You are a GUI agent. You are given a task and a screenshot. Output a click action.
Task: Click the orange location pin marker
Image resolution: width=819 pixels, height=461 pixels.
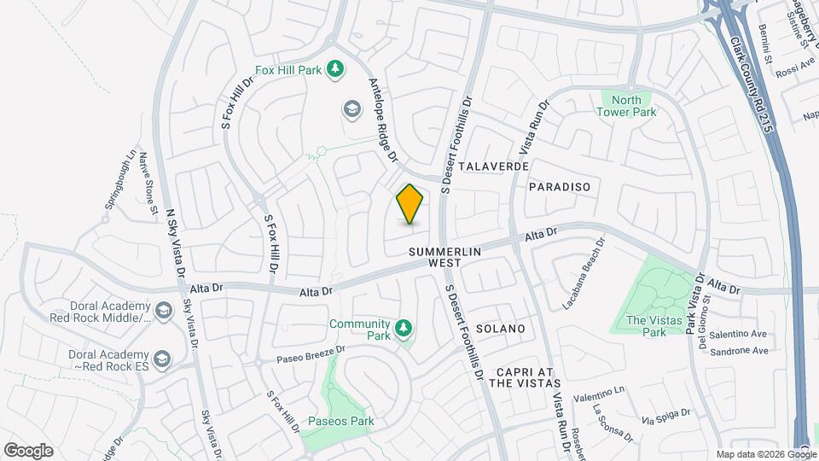(x=410, y=204)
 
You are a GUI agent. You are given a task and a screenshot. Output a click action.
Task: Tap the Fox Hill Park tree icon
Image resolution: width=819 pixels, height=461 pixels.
(x=335, y=69)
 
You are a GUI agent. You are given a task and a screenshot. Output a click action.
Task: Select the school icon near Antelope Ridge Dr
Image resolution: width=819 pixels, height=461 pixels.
(x=351, y=109)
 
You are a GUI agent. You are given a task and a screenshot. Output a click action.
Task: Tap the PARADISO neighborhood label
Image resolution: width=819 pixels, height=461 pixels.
(x=559, y=186)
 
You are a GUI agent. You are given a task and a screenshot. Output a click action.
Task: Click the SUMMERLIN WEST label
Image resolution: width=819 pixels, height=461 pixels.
(x=445, y=258)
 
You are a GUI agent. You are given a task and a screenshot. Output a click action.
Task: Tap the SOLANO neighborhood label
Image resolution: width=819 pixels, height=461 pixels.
(x=500, y=329)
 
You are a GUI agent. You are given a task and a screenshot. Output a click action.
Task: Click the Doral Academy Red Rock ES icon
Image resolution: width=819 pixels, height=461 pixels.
(x=164, y=360)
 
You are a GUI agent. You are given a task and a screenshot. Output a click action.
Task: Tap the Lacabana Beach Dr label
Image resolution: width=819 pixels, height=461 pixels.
(x=583, y=273)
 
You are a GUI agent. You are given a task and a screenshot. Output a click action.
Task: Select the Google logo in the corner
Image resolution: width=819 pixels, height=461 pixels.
(x=28, y=451)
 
